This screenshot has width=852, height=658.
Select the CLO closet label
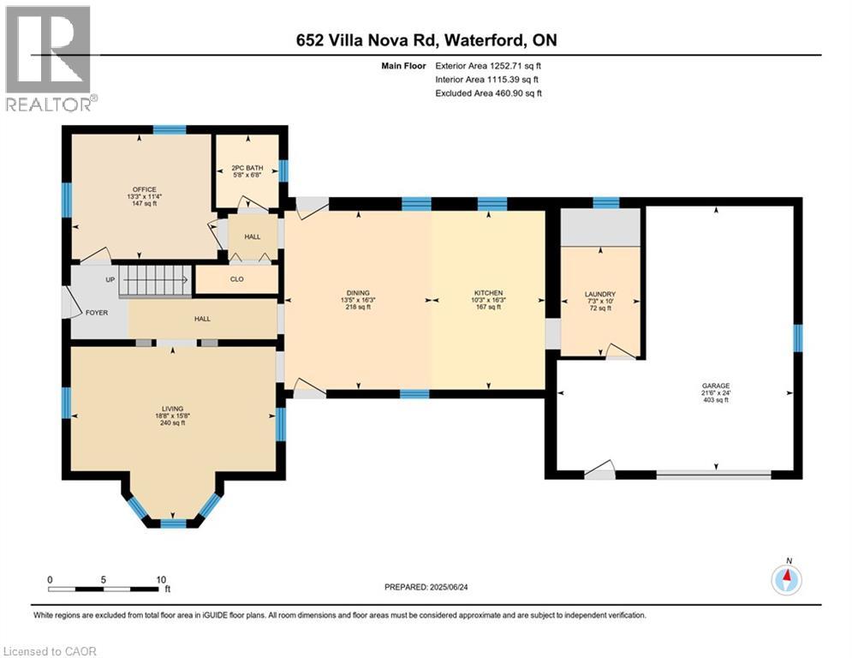235,278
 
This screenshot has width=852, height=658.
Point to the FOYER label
97,313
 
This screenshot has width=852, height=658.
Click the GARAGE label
716,386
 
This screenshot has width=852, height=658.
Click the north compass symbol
786,580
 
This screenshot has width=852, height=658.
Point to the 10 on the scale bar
160,579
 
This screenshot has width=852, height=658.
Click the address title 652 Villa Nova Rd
426,40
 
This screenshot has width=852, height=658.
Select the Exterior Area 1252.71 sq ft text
488,65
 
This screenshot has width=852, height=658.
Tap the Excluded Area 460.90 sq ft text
488,93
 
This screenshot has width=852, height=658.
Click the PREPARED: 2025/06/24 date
426,587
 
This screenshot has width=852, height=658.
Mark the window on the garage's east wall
797,338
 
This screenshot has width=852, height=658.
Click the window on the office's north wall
170,130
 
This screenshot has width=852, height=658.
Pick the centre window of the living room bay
173,523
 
